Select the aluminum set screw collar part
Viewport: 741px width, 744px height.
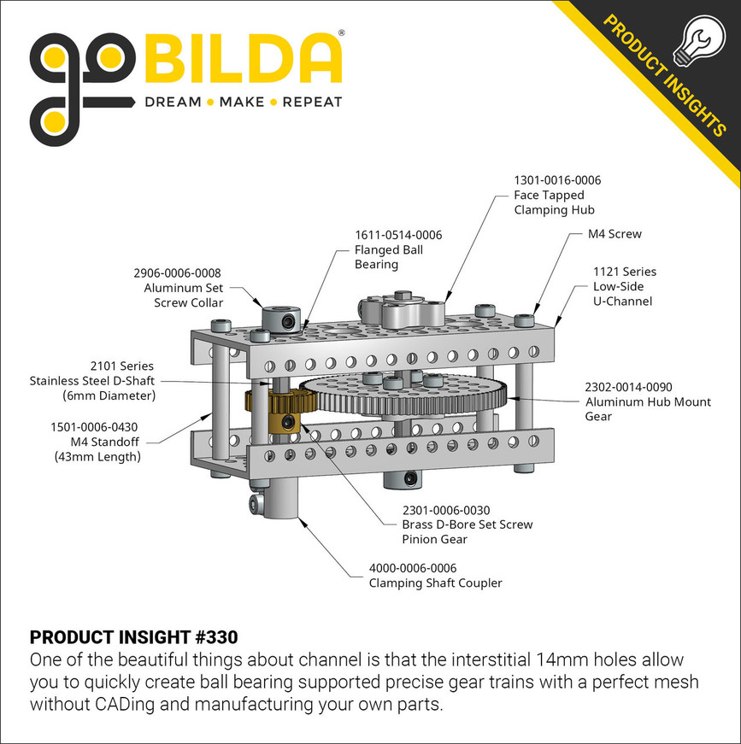click(277, 319)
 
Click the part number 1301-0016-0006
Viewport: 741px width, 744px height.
click(557, 181)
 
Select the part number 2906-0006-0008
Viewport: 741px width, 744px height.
click(177, 273)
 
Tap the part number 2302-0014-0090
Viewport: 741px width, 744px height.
click(628, 386)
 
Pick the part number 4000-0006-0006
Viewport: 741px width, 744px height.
click(413, 568)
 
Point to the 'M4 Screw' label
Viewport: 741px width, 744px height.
click(614, 234)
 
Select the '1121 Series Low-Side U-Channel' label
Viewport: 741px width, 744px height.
click(624, 286)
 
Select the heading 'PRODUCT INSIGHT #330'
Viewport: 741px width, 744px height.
click(133, 637)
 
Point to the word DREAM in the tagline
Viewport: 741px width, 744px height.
click(172, 103)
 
